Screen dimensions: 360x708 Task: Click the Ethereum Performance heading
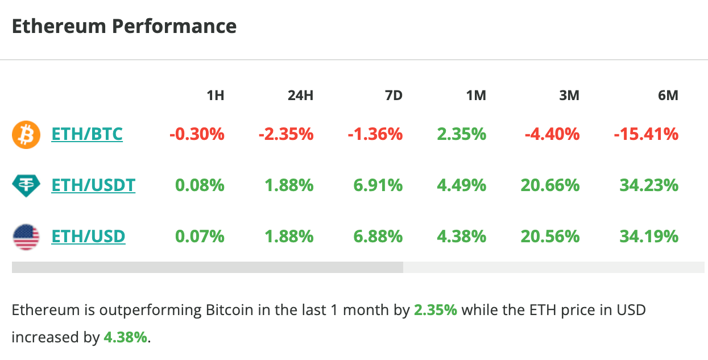(x=124, y=27)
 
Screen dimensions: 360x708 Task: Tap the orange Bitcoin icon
(x=26, y=135)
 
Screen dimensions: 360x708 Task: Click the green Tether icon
(x=26, y=185)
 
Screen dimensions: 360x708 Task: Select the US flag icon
(x=26, y=237)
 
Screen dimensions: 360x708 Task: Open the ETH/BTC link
(x=87, y=135)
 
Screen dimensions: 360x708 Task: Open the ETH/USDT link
(x=93, y=185)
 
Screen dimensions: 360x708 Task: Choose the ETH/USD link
(x=88, y=237)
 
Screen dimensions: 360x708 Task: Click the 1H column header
(x=215, y=96)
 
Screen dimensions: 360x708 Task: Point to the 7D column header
(x=393, y=96)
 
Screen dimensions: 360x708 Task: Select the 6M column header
(x=668, y=96)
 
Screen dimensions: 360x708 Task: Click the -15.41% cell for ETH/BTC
(x=646, y=135)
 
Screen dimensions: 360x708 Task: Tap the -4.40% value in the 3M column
(x=552, y=135)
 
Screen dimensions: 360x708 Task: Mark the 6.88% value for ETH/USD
(x=378, y=237)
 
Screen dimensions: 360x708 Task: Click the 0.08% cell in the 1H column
(x=200, y=185)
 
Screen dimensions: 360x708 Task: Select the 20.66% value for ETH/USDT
(x=550, y=185)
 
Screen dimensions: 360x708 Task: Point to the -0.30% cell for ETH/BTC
(x=197, y=135)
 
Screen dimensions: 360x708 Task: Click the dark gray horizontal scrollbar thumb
(x=207, y=267)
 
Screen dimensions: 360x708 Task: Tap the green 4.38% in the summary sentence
(x=125, y=337)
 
